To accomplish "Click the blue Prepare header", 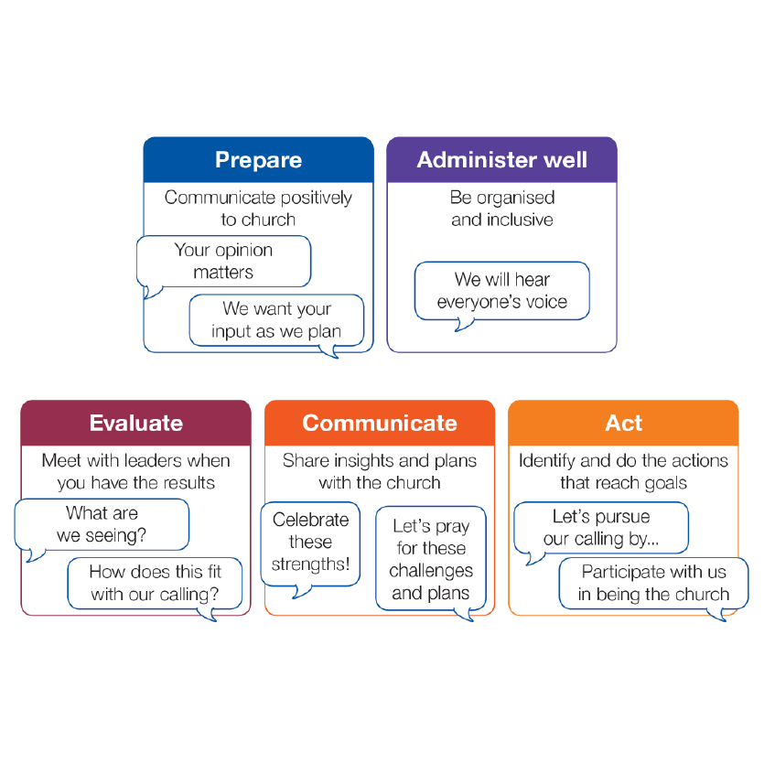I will [x=258, y=160].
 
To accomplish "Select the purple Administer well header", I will [x=501, y=160].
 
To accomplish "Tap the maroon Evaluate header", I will [x=135, y=423].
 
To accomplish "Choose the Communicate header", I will [x=380, y=423].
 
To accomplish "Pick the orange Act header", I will [x=623, y=423].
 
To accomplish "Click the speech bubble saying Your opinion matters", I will [x=223, y=261].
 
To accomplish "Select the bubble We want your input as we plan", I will [x=276, y=320].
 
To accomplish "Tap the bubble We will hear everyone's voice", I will [x=501, y=291].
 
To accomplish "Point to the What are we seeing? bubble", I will [x=102, y=524].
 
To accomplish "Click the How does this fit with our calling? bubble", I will [x=155, y=583].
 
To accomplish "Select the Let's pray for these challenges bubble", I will [x=430, y=559].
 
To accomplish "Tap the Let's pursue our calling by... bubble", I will [x=600, y=528].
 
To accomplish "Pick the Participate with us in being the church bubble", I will [x=653, y=583].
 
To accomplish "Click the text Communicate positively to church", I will [x=258, y=208].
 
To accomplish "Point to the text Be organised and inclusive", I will [x=501, y=208].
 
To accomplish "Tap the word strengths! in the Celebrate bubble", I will [x=310, y=564].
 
